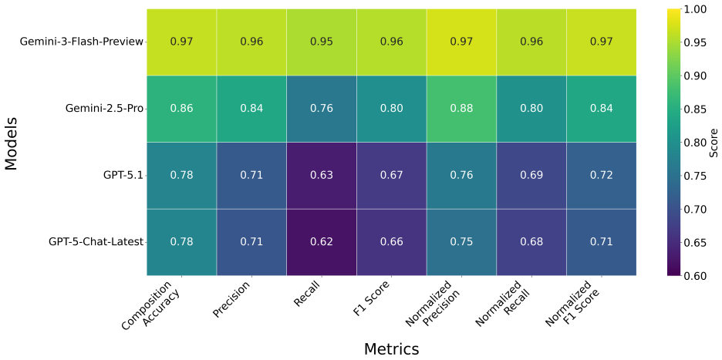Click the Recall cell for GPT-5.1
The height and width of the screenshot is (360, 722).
coord(322,176)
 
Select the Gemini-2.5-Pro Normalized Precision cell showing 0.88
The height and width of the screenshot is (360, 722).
coord(461,109)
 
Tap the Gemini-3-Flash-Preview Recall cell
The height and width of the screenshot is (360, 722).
coord(322,42)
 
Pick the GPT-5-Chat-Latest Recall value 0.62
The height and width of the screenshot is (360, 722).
coord(322,242)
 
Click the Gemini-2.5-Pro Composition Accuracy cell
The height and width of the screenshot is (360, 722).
coord(182,109)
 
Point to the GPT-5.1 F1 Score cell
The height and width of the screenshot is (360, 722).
coord(391,176)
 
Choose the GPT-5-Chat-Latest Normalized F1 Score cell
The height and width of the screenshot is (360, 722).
coord(602,242)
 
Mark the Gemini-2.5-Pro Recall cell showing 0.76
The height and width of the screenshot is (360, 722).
coord(322,109)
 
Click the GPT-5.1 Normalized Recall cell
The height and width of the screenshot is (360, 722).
coord(531,176)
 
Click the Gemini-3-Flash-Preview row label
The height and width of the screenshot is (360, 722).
coord(82,42)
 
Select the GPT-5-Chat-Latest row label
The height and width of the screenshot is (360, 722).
coord(96,242)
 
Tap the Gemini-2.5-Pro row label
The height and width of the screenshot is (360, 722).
coord(105,109)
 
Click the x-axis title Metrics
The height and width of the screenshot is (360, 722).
coord(391,348)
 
